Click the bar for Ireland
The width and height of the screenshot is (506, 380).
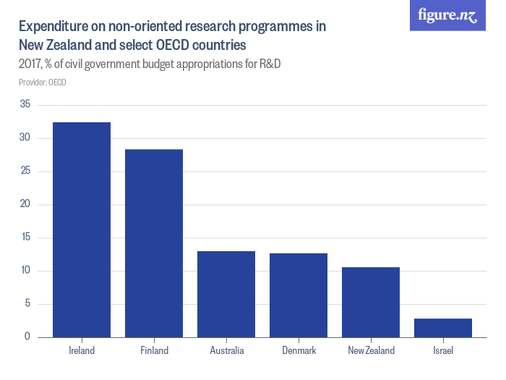point(82,229)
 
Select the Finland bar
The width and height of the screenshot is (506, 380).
point(154,243)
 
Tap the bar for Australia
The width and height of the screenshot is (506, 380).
point(226,294)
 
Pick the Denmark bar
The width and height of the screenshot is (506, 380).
point(299,295)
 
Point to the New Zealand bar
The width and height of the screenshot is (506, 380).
point(371,302)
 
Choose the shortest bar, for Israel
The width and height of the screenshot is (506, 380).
point(443,328)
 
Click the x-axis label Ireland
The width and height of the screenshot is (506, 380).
point(82,351)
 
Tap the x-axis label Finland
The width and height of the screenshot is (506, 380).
point(154,351)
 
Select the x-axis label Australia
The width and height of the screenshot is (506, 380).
point(226,351)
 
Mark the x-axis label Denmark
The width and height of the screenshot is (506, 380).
point(299,351)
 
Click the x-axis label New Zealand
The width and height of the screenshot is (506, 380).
point(371,351)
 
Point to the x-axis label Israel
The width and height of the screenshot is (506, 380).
point(443,351)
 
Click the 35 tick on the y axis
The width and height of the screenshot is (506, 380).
point(25,105)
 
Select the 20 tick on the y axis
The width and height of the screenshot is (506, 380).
point(25,205)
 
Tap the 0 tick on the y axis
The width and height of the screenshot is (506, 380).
point(27,337)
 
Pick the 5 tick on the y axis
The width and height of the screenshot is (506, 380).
point(27,304)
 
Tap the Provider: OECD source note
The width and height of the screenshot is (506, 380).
point(42,83)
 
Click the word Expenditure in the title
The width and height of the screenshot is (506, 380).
point(55,27)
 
